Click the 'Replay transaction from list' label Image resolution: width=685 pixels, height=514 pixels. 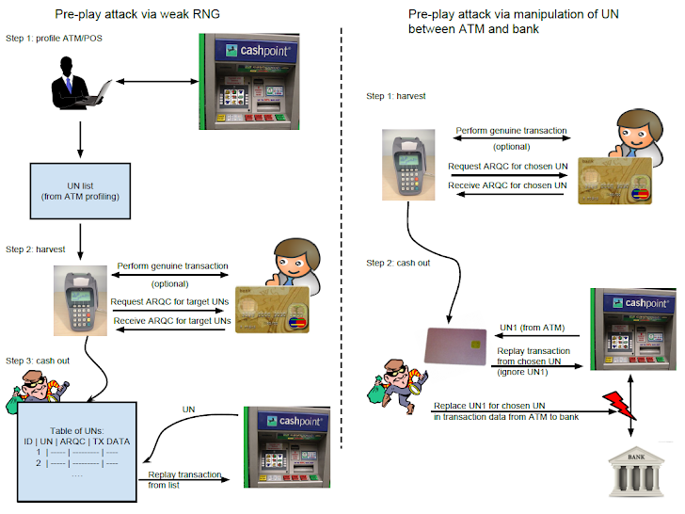point(184,479)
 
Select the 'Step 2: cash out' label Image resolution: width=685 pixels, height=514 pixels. point(398,263)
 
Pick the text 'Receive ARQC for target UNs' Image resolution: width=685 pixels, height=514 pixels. point(172,321)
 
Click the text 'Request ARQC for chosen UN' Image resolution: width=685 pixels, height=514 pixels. point(507,166)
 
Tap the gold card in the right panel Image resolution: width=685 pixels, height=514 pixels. point(613,181)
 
